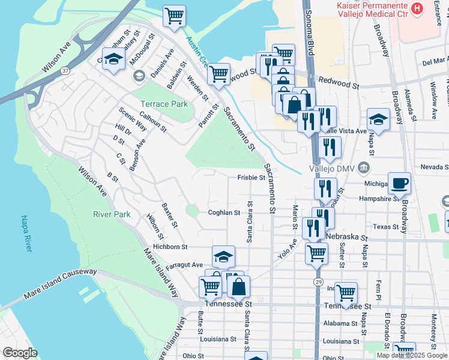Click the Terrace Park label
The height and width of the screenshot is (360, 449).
tap(164, 104)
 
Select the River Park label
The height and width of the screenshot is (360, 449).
tap(112, 214)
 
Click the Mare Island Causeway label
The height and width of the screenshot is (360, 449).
tap(59, 284)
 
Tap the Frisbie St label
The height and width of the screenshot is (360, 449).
tap(251, 178)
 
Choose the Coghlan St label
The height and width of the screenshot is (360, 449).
tap(224, 212)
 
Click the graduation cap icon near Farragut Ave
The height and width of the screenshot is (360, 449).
tap(223, 256)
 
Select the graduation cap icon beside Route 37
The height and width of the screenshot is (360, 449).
tap(112, 59)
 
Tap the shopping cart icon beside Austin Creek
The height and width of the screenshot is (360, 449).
tap(218, 74)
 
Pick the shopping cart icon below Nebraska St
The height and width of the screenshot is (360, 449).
tap(316, 252)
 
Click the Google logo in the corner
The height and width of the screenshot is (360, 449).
tap(20, 353)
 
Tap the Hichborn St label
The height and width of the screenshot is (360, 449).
tap(170, 247)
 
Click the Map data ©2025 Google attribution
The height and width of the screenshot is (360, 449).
tap(412, 355)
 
